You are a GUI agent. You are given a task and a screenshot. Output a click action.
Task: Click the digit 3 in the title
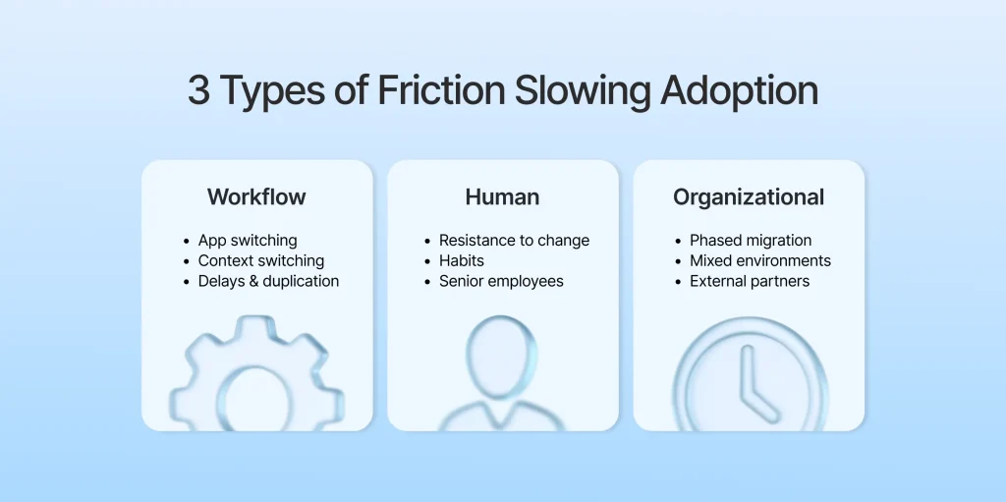(198, 91)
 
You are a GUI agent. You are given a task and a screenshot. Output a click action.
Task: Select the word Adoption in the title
(739, 91)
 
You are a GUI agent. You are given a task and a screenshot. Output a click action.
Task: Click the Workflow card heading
(256, 196)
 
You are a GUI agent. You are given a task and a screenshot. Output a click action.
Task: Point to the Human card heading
(502, 196)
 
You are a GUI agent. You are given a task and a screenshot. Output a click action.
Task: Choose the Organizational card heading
(749, 196)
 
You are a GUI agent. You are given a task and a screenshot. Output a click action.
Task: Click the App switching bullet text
(248, 240)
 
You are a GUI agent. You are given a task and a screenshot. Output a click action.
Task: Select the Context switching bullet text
(260, 260)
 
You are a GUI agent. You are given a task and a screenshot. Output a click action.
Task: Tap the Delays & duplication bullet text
(268, 281)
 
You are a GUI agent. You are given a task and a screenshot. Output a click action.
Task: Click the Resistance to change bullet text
(515, 240)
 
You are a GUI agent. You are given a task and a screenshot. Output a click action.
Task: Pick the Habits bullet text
(462, 260)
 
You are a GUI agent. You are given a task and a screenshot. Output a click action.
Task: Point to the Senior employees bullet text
(501, 281)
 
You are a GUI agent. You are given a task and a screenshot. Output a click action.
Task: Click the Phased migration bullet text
(751, 240)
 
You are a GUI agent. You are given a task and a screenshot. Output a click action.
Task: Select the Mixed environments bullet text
(760, 260)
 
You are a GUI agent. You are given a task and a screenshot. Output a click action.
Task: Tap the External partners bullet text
(750, 281)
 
